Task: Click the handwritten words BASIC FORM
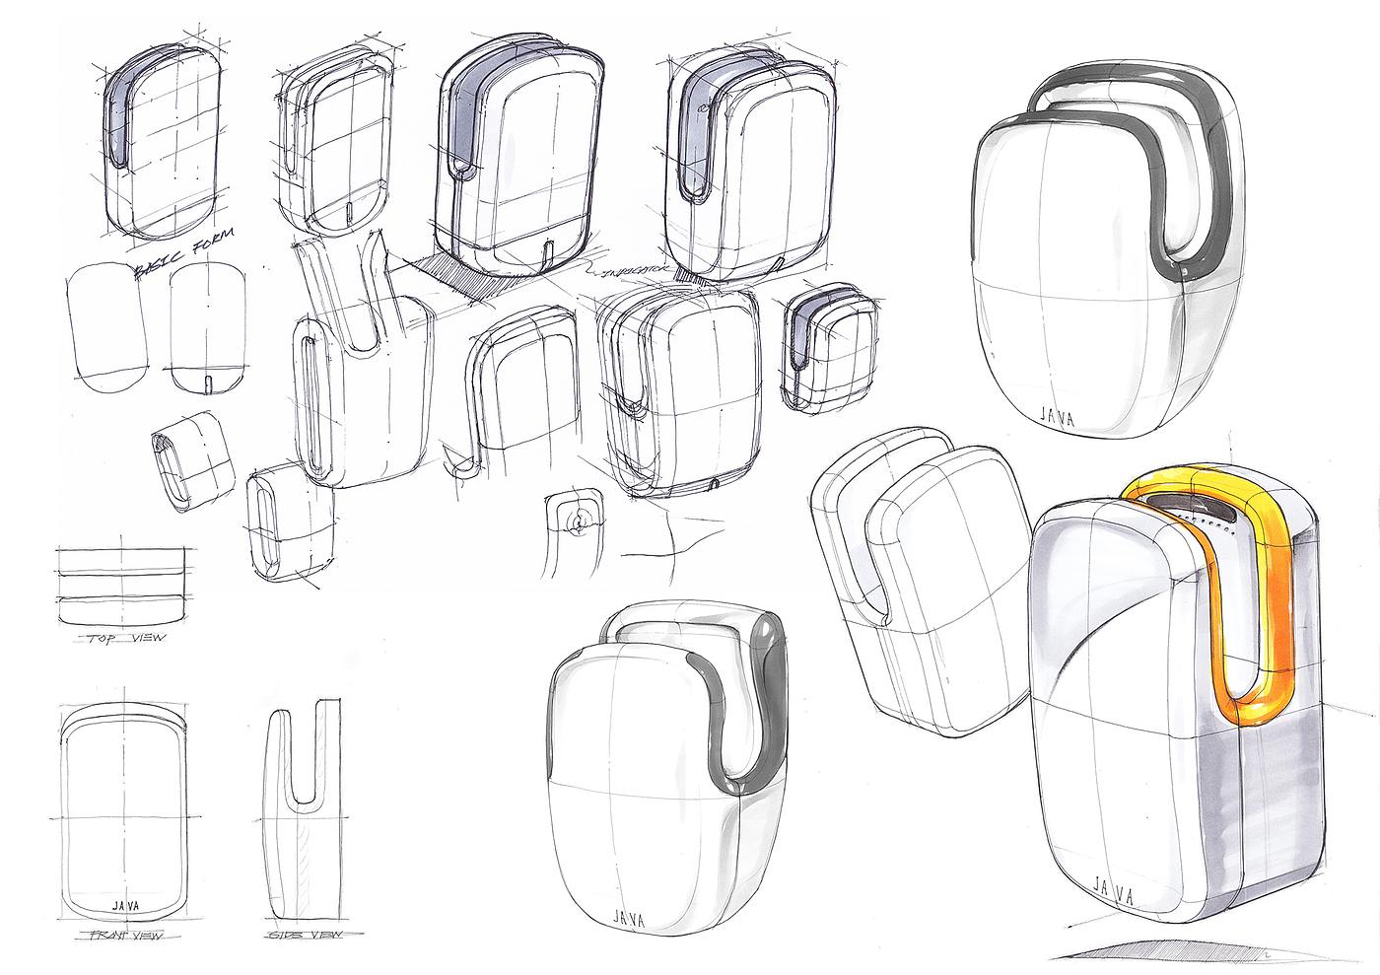coord(185,254)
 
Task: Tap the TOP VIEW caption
coord(126,638)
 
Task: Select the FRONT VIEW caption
coord(126,934)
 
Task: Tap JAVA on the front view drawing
coord(125,904)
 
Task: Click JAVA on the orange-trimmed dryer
coord(1113,895)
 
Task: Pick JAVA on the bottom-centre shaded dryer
coord(629,919)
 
